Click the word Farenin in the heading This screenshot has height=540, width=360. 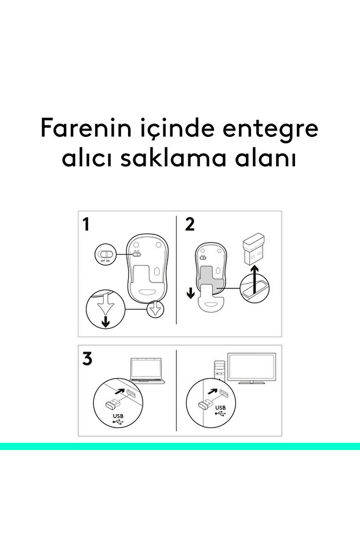pyautogui.click(x=86, y=128)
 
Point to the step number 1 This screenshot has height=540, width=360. pyautogui.click(x=86, y=224)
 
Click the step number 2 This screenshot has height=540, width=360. pyautogui.click(x=190, y=224)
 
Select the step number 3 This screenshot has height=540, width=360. pyautogui.click(x=88, y=358)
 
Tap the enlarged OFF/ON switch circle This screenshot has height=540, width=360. pyautogui.click(x=105, y=254)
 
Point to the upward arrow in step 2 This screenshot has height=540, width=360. pyautogui.click(x=254, y=280)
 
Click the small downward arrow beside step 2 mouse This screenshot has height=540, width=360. pyautogui.click(x=190, y=293)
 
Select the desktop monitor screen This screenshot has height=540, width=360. pyautogui.click(x=252, y=368)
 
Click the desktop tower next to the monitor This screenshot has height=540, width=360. pyautogui.click(x=219, y=371)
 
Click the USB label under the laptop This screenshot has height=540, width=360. pyautogui.click(x=118, y=416)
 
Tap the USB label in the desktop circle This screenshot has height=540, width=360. pyautogui.click(x=220, y=408)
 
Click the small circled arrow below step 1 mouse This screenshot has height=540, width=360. pyautogui.click(x=155, y=309)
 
